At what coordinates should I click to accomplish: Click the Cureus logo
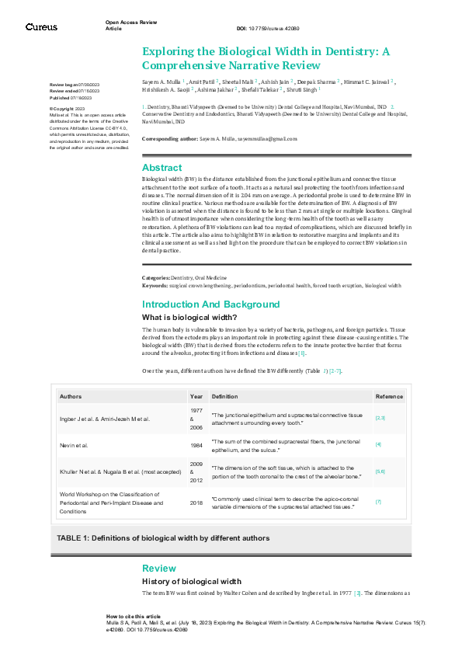pos(40,26)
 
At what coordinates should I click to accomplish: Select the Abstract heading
pos(162,168)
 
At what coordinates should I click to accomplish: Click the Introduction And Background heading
pos(210,304)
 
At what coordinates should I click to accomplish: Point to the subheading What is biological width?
pos(189,318)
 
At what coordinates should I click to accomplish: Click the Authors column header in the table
pos(71,396)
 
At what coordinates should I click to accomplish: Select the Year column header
pos(196,396)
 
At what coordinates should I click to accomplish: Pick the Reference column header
pos(389,396)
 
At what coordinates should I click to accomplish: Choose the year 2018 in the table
pos(196,502)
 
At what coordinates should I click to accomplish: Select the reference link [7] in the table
pos(378,502)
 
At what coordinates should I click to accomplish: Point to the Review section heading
pos(158,569)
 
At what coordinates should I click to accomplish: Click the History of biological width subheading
pos(192,582)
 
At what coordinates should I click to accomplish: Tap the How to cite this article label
pos(134,615)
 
